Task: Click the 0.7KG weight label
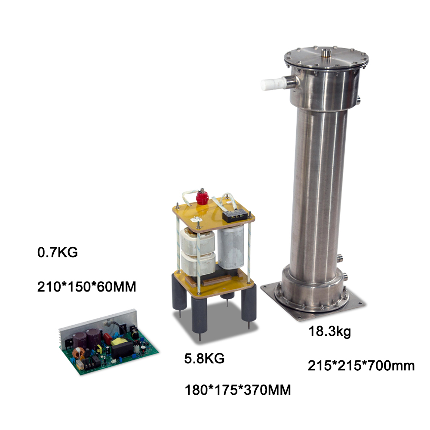pyautogui.click(x=58, y=252)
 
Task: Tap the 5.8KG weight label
pyautogui.click(x=204, y=359)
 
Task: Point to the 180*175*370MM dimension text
pyautogui.click(x=238, y=390)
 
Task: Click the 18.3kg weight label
pyautogui.click(x=330, y=332)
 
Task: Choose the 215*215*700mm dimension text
pyautogui.click(x=361, y=365)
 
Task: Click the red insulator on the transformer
pyautogui.click(x=202, y=197)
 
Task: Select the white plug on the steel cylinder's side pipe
pyautogui.click(x=274, y=84)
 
